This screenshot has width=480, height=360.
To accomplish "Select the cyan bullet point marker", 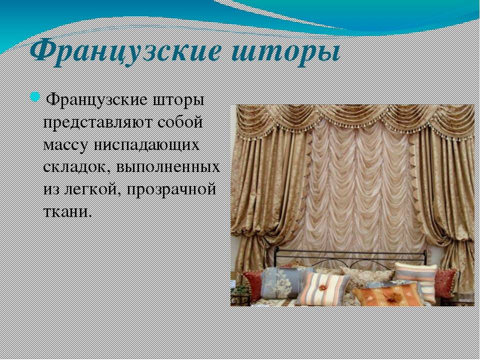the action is tap(35, 96).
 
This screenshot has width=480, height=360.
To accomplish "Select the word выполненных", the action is tap(168, 167).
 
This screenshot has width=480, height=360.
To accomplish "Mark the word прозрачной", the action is tap(171, 189).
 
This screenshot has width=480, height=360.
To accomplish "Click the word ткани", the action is tap(67, 211).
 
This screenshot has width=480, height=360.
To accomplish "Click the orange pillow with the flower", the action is tap(387, 295).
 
